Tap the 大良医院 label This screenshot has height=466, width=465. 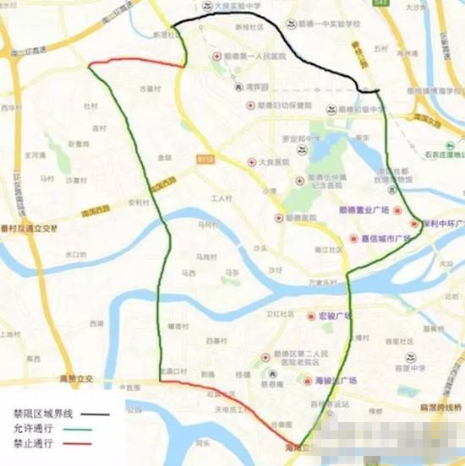pos(274,161)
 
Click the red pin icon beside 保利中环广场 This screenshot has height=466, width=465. pos(414,224)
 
